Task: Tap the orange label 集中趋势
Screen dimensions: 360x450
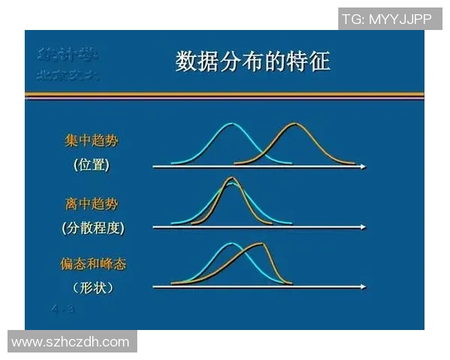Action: click(91, 140)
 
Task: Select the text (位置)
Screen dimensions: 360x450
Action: click(91, 165)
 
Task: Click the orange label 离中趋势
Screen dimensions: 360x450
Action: click(91, 203)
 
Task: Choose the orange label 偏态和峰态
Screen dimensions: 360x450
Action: click(92, 264)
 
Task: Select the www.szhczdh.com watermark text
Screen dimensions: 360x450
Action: click(70, 342)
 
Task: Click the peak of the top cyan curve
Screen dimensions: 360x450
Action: click(229, 123)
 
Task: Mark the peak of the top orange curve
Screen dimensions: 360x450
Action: click(294, 124)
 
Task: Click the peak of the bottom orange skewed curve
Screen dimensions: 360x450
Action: click(259, 244)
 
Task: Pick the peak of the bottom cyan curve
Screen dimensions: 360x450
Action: click(232, 244)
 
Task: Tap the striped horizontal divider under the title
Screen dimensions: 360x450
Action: click(224, 95)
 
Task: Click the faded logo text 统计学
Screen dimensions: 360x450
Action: click(67, 54)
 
